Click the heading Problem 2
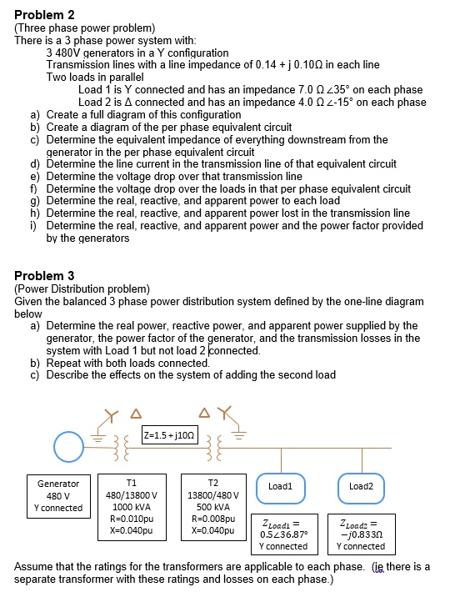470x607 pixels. (44, 15)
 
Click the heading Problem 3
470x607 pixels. (44, 275)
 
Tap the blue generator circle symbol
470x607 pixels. (69, 448)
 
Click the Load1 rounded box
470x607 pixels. (280, 485)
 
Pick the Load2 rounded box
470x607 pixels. (361, 485)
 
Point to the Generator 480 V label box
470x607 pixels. (58, 495)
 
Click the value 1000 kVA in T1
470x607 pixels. (132, 505)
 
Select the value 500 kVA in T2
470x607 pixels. (212, 505)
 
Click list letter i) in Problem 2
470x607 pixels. (34, 225)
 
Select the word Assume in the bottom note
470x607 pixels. (34, 566)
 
